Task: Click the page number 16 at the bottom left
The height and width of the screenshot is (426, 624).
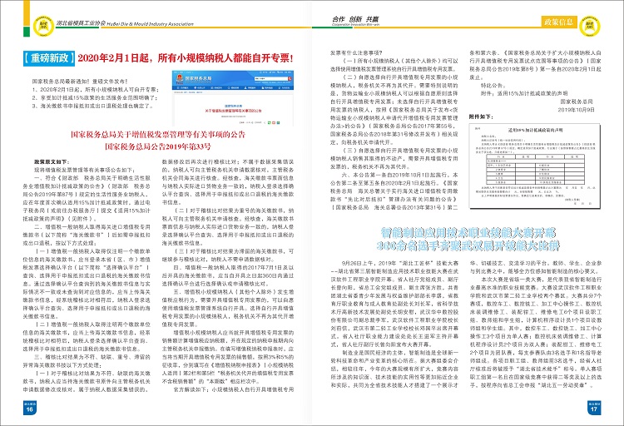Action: coord(28,410)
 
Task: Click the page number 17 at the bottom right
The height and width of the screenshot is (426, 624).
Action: coord(595,410)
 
